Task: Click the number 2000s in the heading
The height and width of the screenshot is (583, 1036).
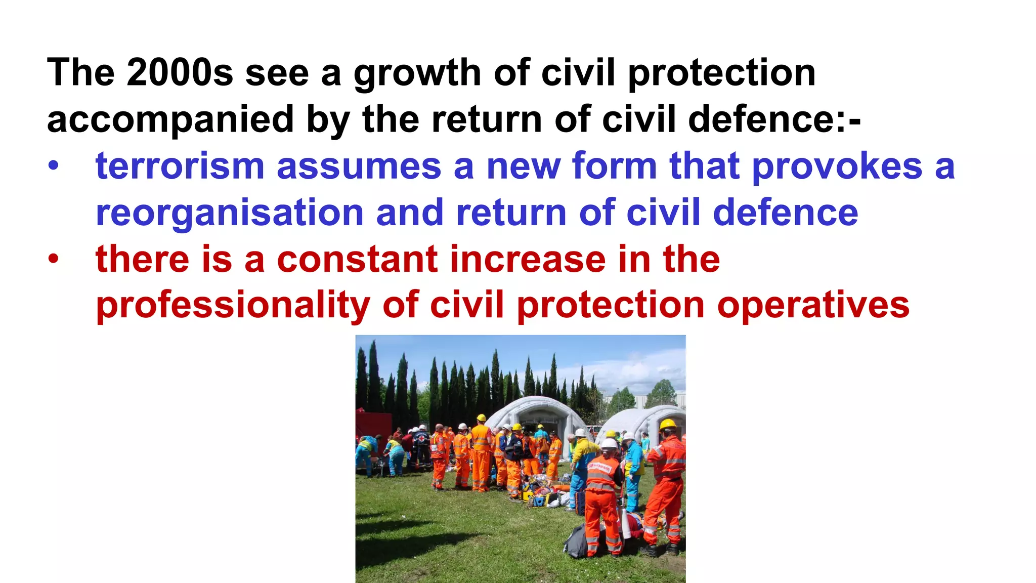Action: click(x=180, y=73)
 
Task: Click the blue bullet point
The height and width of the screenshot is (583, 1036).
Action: click(x=54, y=166)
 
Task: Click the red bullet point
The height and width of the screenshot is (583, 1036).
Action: click(x=54, y=259)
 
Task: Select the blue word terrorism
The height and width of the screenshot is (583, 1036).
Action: click(x=180, y=166)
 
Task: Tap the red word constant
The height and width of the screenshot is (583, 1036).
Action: click(x=357, y=259)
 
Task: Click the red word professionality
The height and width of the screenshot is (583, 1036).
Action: click(x=233, y=306)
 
